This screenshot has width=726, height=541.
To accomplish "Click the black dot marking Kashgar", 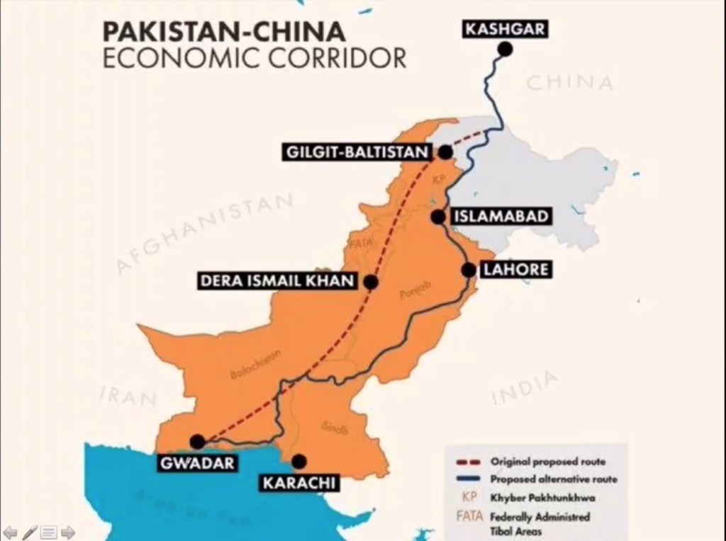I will coord(505,49).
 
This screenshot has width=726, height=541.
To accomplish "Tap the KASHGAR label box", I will coord(504,29).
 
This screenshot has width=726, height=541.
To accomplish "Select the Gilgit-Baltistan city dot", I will coord(445,152).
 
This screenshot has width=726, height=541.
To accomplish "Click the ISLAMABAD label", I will coord(501,217).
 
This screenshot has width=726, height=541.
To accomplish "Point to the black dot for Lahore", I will coord(469,270).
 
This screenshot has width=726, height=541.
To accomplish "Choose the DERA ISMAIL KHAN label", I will coord(277,281).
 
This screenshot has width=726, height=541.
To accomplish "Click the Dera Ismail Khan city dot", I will coord(370,282).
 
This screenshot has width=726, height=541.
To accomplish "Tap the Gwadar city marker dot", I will coord(198,442).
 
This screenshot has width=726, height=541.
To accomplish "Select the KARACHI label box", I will coord(298,484).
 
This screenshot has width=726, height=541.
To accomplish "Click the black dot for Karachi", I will coord(299,462).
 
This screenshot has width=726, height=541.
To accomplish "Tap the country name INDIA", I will coord(524,389).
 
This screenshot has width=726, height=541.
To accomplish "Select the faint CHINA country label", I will coord(569,83).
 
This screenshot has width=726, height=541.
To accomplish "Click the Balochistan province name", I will coord(255,365).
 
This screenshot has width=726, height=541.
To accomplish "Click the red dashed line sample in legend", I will coord(468,462).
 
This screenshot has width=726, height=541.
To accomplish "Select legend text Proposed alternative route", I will coord(554,479).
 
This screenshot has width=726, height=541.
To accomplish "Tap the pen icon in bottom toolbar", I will coord(30,532).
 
